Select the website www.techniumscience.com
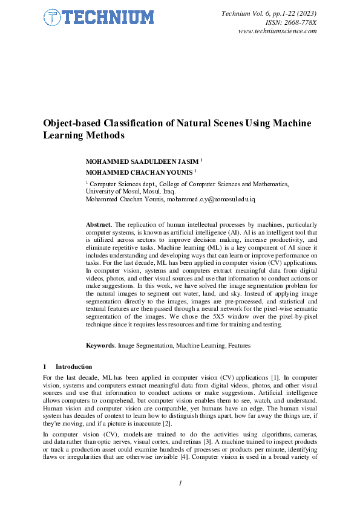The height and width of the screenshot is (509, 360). click(278, 31)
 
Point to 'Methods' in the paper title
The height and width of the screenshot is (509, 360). click(101, 135)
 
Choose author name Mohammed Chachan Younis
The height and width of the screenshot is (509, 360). click(140, 172)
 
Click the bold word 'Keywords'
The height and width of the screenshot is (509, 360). click(100, 345)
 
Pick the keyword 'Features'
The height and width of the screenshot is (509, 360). click(238, 345)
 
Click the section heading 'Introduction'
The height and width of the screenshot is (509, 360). click(74, 366)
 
